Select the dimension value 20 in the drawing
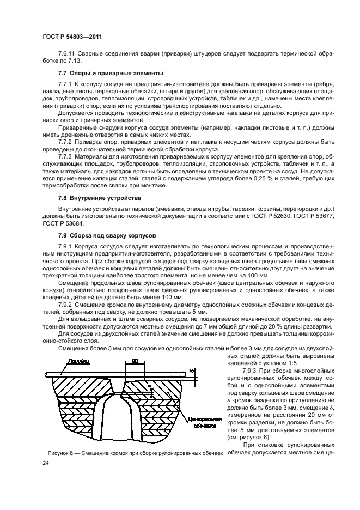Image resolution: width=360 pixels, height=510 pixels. tap(134, 360)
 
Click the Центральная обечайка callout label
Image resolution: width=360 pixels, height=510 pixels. tap(202, 423)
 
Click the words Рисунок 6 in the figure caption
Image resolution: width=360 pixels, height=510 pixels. tap(57, 453)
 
